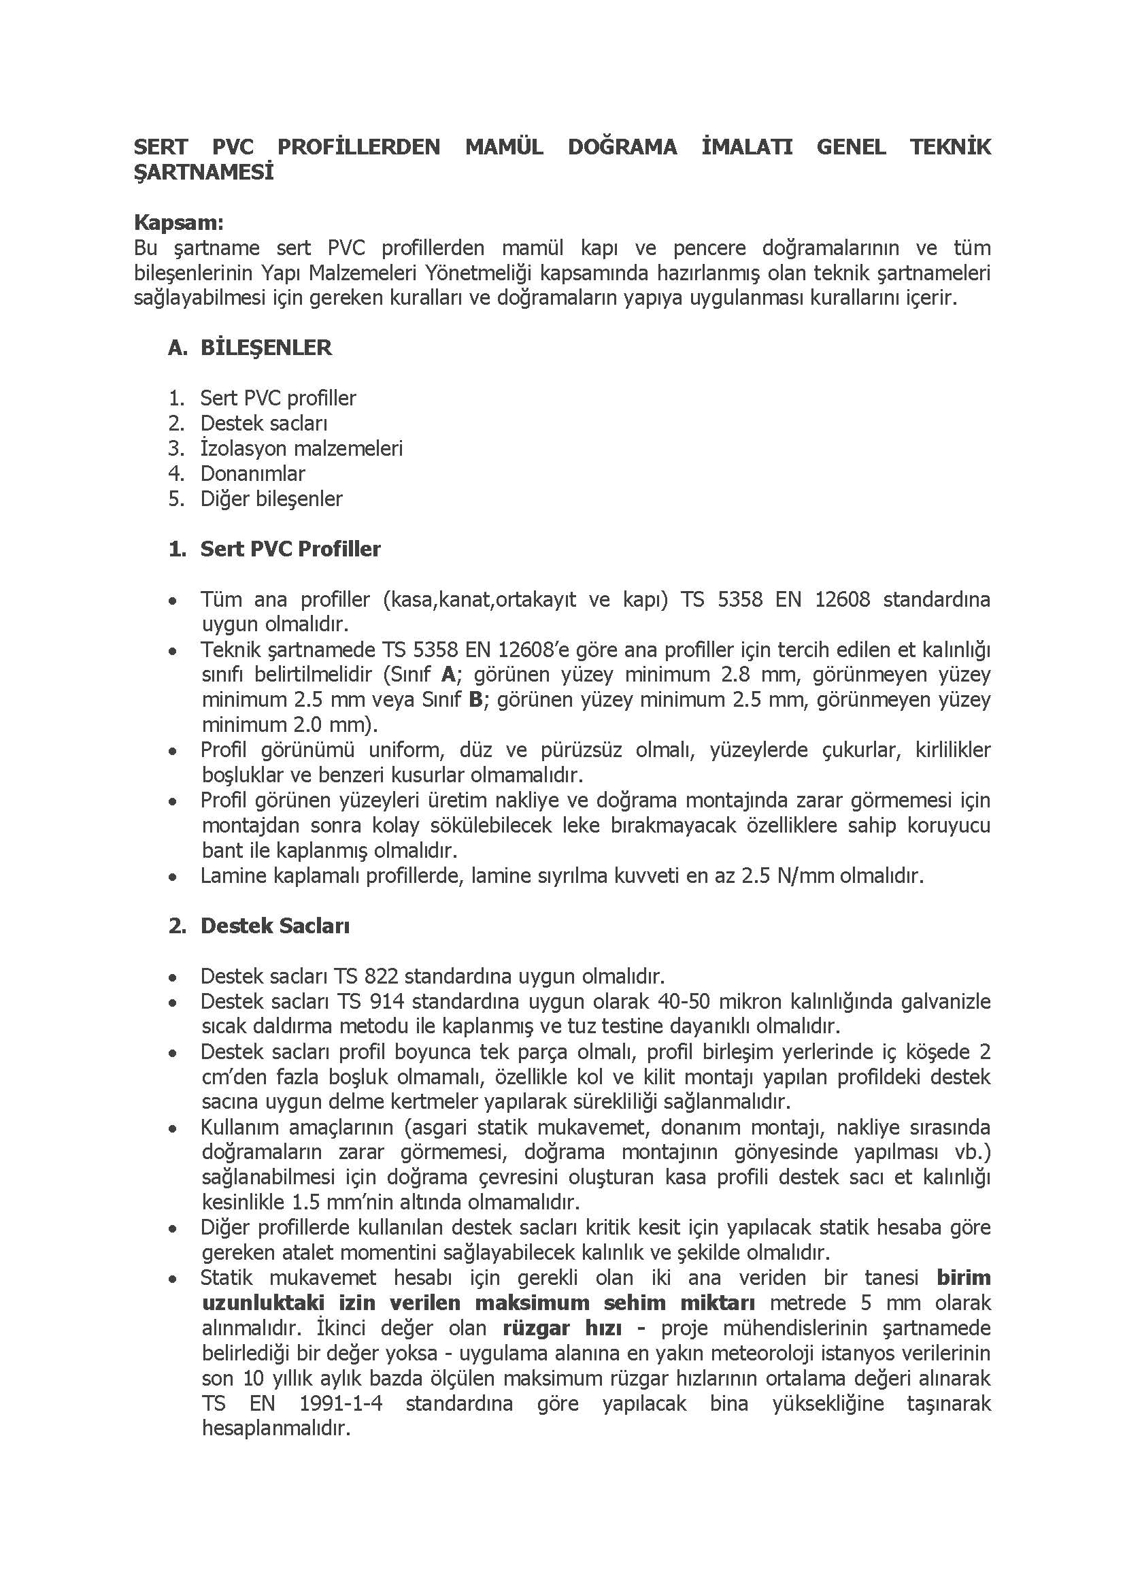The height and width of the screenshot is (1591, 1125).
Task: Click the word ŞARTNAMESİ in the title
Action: tap(203, 172)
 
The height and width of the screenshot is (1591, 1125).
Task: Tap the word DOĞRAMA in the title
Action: tap(622, 147)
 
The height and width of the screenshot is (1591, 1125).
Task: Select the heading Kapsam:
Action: tap(179, 222)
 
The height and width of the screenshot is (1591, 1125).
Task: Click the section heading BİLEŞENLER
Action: tap(266, 348)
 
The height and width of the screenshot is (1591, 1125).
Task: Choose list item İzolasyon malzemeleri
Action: tap(301, 448)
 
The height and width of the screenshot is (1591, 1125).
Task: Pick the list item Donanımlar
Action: tap(253, 473)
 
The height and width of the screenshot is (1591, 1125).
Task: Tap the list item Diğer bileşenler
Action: tap(271, 499)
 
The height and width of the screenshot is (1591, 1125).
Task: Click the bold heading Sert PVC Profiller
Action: tap(290, 549)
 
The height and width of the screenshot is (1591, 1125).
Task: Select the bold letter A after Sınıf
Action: tap(449, 674)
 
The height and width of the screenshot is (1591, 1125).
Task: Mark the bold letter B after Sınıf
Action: tap(475, 699)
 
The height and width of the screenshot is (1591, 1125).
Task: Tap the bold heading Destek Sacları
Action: tap(275, 926)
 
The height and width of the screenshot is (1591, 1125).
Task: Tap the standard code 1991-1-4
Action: tap(340, 1403)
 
